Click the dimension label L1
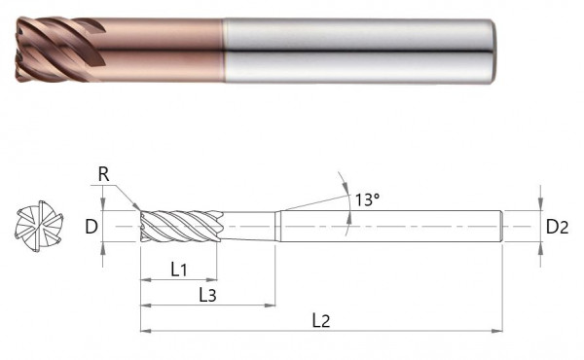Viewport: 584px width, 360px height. click(178, 270)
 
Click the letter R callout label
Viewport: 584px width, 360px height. click(103, 175)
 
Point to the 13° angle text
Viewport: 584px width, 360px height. click(366, 198)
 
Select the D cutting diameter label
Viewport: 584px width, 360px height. click(90, 228)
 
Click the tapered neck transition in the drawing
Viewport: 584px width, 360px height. click(279, 226)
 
